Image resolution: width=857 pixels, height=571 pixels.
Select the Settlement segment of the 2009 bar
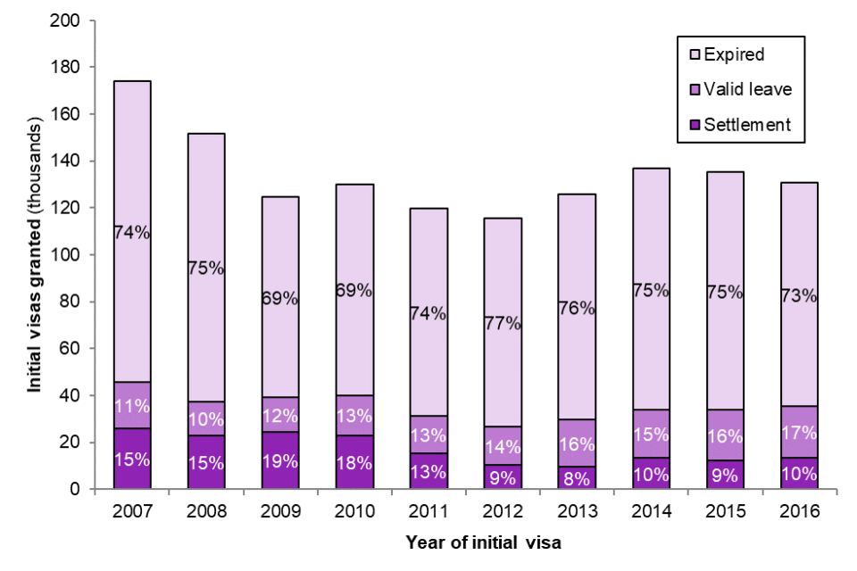click(280, 460)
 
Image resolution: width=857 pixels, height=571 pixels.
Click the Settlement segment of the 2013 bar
click(577, 478)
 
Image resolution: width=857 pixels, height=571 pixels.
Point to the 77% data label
click(503, 323)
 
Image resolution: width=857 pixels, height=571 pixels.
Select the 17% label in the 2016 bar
click(799, 433)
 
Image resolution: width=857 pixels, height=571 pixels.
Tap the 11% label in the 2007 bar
click(132, 406)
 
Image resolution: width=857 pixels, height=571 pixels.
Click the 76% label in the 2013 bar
click(577, 308)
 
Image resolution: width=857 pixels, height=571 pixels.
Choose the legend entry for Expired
click(733, 54)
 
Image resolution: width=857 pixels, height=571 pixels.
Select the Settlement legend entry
click(746, 125)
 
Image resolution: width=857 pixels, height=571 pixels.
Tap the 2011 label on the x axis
click(428, 511)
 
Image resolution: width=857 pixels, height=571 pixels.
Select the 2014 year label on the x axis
click(651, 511)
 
